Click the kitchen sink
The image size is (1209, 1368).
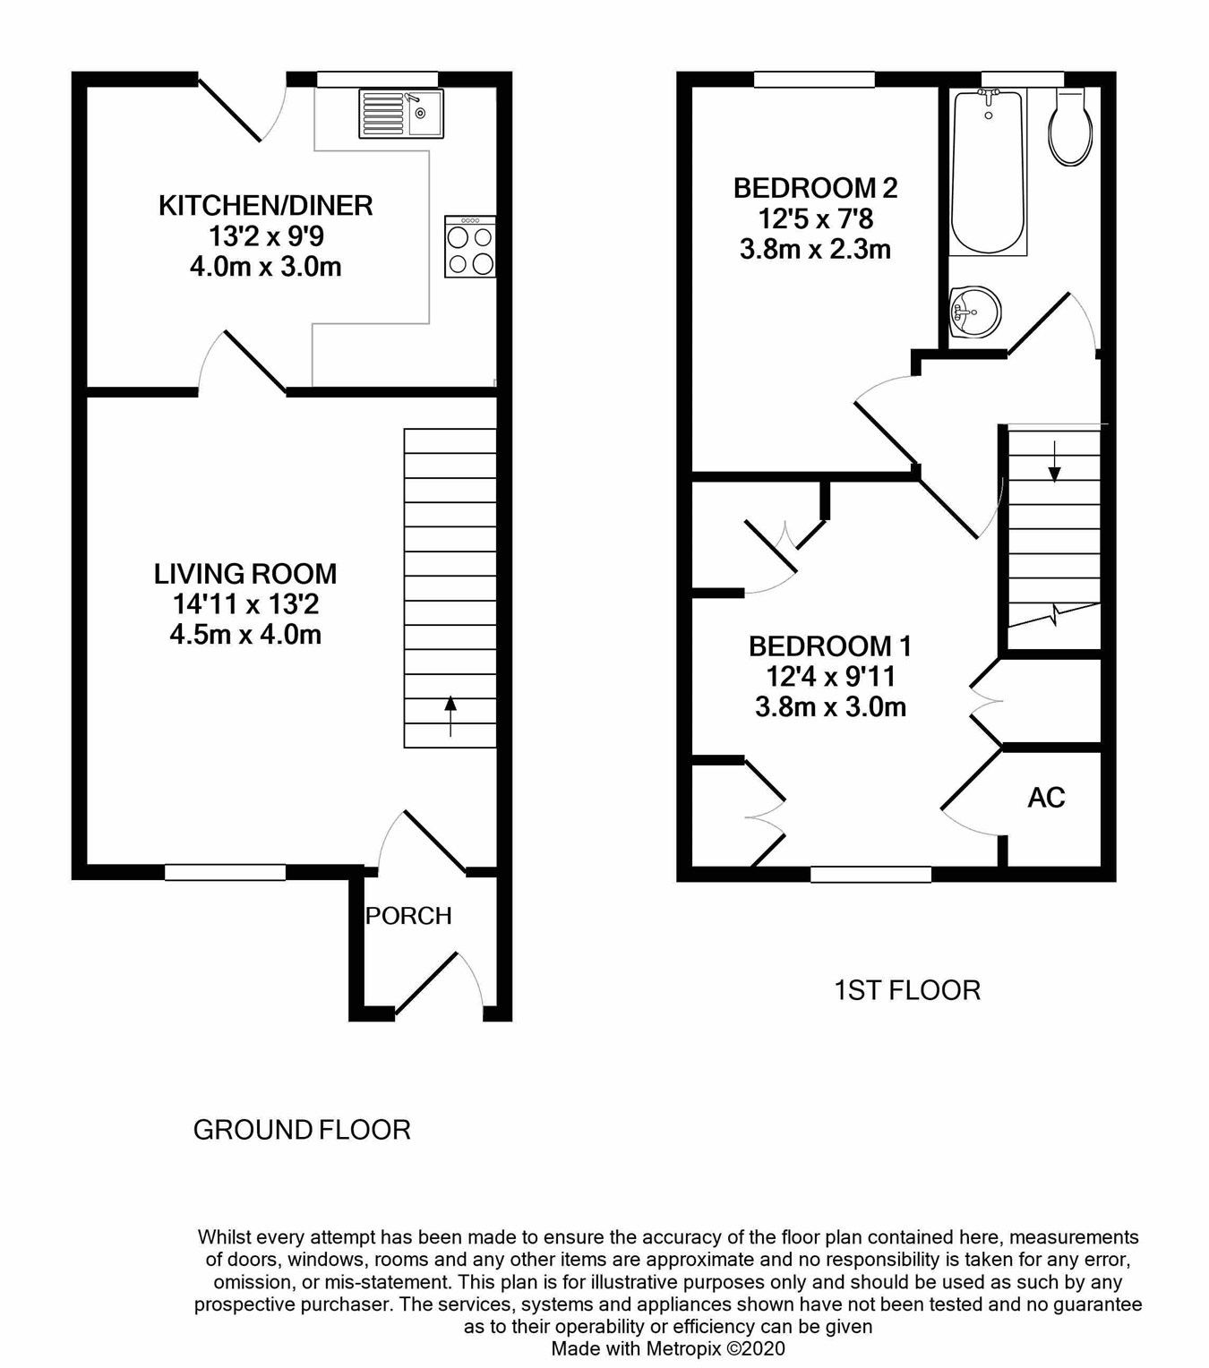click(401, 114)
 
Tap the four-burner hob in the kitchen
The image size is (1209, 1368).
click(470, 246)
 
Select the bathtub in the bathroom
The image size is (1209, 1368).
click(988, 172)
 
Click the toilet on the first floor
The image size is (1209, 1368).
click(1070, 128)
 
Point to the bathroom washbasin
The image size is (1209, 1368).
click(973, 312)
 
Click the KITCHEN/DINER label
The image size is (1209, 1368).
click(265, 206)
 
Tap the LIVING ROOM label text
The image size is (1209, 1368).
click(245, 574)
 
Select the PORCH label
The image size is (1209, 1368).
click(408, 916)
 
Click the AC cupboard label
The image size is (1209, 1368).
click(1046, 798)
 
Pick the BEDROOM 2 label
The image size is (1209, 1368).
click(815, 188)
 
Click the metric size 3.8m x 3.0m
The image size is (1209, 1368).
click(830, 707)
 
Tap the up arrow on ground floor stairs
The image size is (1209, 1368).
click(450, 716)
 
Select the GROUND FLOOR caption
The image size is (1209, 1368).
click(302, 1131)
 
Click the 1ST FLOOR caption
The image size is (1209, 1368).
click(907, 990)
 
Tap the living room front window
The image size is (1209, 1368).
click(226, 873)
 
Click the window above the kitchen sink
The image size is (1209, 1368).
click(378, 80)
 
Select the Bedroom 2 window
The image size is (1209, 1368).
click(814, 80)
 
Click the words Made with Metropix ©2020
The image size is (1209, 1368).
click(668, 1349)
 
